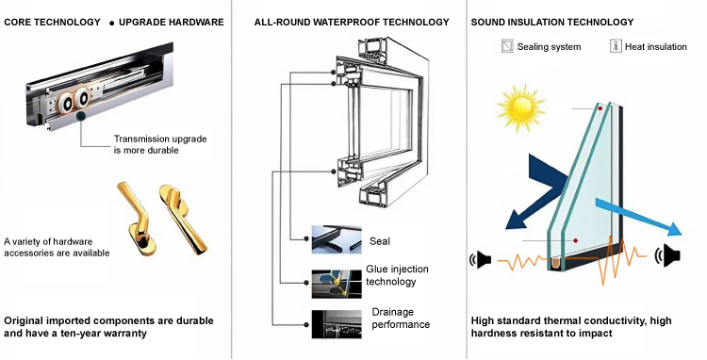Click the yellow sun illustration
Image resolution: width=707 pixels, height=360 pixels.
[521, 108]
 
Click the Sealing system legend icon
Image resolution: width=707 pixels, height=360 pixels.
[507, 46]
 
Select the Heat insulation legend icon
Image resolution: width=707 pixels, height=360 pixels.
[616, 46]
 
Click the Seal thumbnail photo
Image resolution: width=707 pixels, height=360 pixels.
[337, 239]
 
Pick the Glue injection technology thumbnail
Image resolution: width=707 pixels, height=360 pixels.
[337, 284]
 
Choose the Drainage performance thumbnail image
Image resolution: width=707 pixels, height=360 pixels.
[337, 324]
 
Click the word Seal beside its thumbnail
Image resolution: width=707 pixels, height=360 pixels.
[380, 241]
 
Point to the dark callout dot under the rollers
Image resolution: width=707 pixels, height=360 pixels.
[81, 117]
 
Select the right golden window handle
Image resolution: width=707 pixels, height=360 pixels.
[183, 219]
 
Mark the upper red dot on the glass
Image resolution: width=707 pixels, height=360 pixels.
[600, 108]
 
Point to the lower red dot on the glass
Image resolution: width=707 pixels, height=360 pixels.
[575, 240]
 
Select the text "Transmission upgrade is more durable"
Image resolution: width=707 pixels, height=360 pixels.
[160, 144]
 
